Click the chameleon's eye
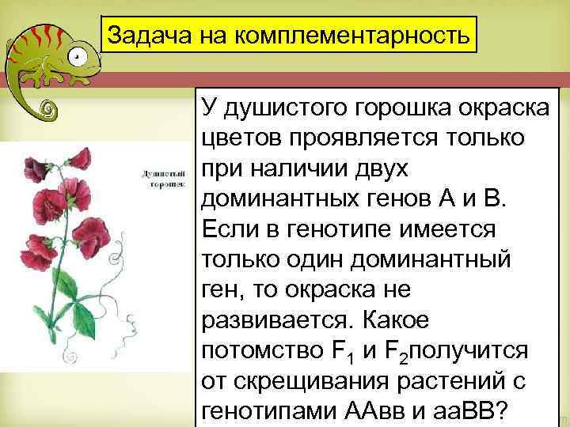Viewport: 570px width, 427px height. coord(76,57)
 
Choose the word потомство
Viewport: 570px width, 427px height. coord(263,350)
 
